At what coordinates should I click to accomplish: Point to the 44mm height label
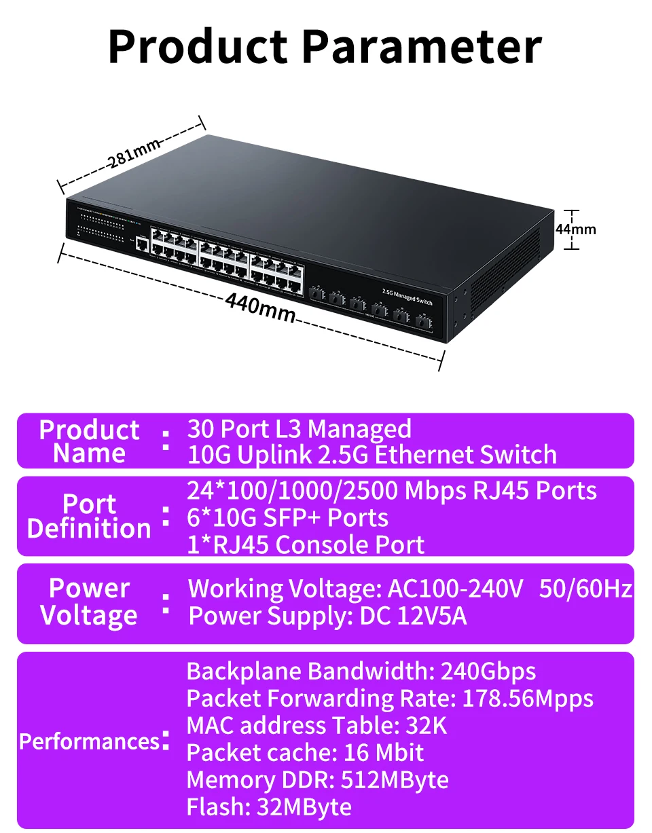click(x=575, y=229)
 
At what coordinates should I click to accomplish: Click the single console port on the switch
click(x=142, y=244)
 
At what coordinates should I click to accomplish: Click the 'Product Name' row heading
click(x=89, y=441)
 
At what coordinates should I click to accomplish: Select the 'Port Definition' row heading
click(x=89, y=516)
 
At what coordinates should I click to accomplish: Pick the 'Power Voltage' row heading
click(x=89, y=601)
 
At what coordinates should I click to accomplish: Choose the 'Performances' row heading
click(x=88, y=741)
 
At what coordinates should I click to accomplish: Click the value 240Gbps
click(x=488, y=671)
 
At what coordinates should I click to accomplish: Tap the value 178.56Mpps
click(x=528, y=699)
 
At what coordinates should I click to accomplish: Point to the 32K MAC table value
click(x=426, y=726)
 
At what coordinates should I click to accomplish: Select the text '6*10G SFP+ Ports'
click(x=287, y=518)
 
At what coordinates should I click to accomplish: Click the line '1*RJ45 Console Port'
click(x=306, y=545)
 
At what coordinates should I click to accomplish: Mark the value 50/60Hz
click(x=585, y=589)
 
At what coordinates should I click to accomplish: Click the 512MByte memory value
click(x=395, y=780)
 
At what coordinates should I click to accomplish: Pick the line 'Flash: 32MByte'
click(x=269, y=807)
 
